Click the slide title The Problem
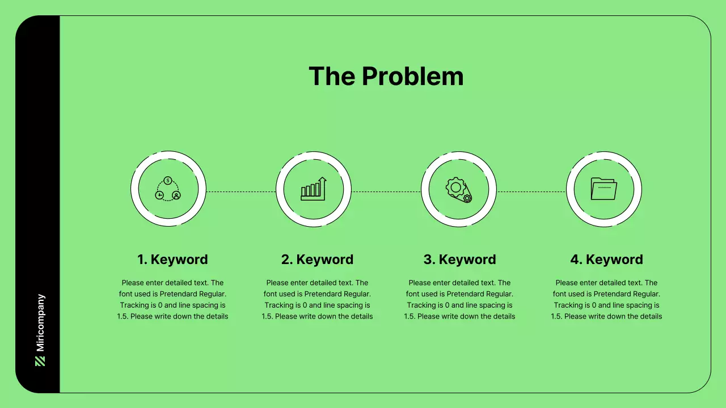386,76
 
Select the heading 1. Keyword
172,260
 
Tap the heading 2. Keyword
317,260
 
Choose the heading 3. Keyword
459,260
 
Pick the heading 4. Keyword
606,260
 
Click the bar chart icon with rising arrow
314,189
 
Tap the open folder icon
603,189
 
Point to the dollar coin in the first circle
168,180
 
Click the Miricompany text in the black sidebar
40,322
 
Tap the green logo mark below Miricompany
40,361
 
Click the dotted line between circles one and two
241,192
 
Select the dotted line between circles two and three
386,192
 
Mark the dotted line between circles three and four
531,192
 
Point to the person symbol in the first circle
176,195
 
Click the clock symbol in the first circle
159,195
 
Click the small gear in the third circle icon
467,198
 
